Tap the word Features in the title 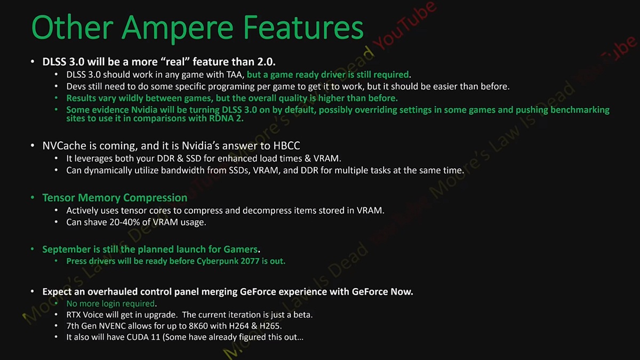pos(303,27)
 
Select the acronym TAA pos(235,75)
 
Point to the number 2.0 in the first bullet pos(266,62)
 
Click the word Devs pos(75,86)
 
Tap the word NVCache pos(64,146)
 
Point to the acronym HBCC pos(286,146)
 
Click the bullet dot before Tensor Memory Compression pos(33,197)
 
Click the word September pos(67,250)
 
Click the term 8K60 pos(198,326)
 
